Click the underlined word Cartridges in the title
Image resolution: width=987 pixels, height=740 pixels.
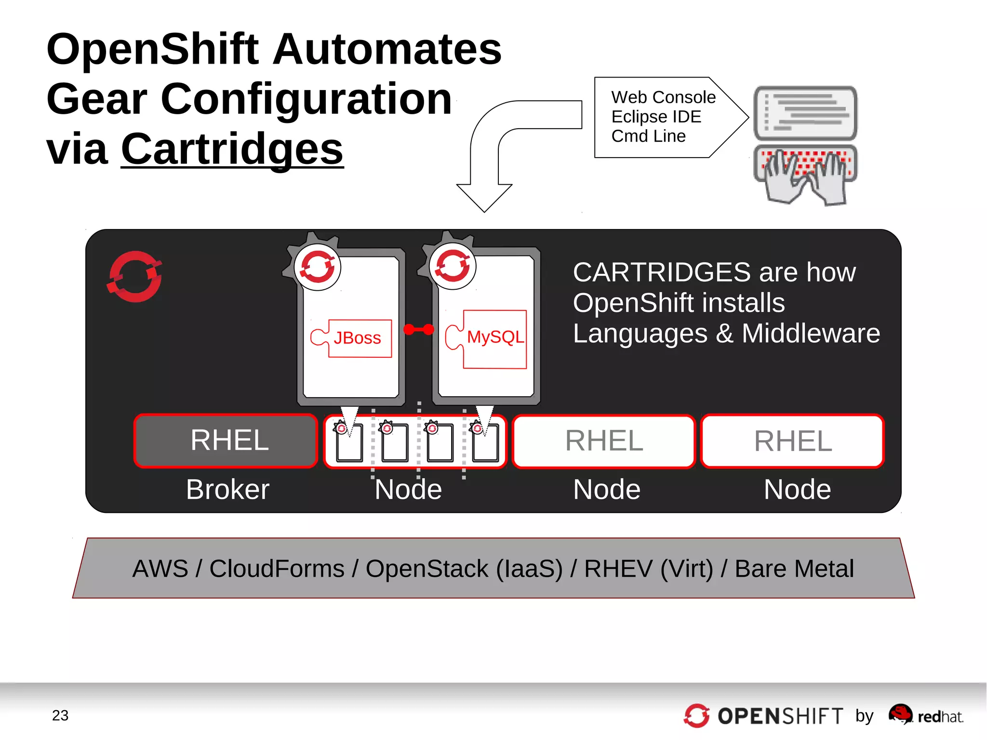tap(232, 149)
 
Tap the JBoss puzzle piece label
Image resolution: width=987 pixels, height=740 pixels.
tap(357, 338)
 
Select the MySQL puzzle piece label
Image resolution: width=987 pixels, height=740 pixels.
tap(495, 337)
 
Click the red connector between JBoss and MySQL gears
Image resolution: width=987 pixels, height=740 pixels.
tap(419, 330)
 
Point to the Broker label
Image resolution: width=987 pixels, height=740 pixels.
tap(227, 490)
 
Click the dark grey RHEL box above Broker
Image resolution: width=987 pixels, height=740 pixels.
tap(226, 441)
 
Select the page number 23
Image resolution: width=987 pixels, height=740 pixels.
tap(60, 715)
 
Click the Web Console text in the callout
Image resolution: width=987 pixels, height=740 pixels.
tap(663, 97)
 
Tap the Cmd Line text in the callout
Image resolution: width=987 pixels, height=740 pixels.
tap(648, 136)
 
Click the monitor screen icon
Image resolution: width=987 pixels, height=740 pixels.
tap(805, 113)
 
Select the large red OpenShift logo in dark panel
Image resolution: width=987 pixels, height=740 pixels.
tap(135, 277)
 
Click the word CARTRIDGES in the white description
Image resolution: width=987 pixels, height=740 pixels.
tap(661, 272)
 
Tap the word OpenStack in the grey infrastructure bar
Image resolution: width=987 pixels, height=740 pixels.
tap(427, 569)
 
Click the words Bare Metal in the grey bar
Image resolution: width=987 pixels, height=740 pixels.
tap(794, 569)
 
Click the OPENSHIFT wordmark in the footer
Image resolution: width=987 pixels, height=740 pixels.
tap(780, 716)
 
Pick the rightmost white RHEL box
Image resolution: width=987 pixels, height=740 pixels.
tap(792, 441)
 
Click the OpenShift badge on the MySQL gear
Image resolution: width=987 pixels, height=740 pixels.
tap(453, 267)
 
